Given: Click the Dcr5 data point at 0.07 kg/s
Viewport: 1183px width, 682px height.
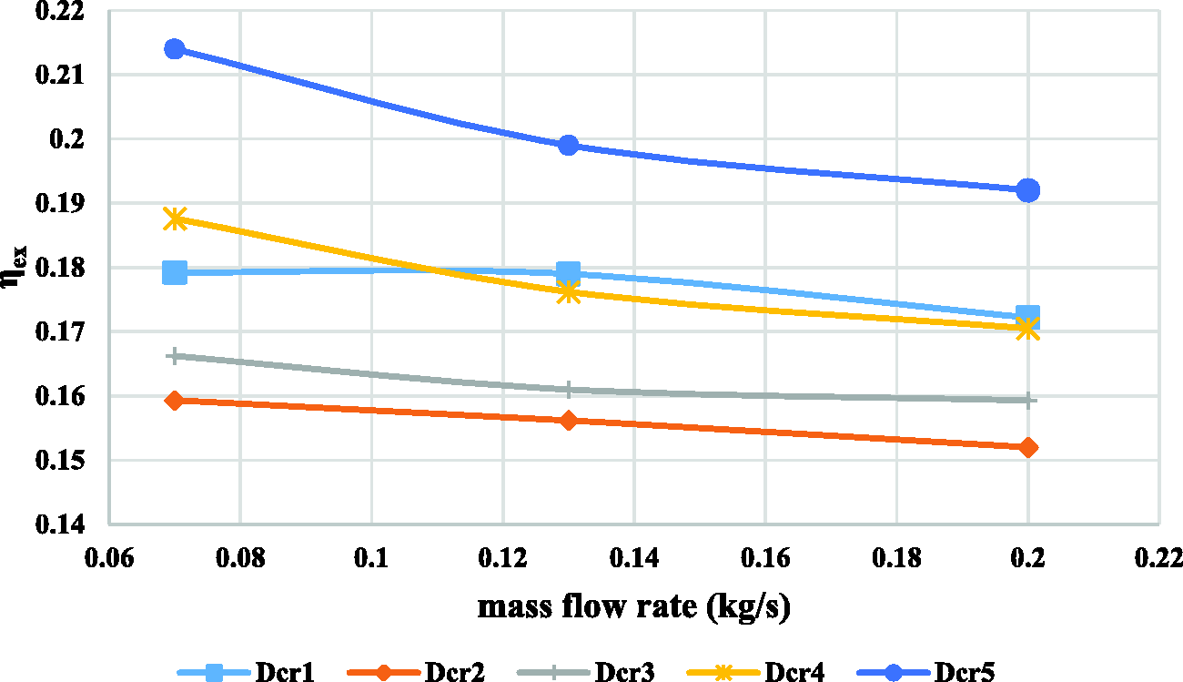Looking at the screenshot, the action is click(x=175, y=49).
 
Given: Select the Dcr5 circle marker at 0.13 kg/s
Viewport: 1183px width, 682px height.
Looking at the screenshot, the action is click(x=568, y=145).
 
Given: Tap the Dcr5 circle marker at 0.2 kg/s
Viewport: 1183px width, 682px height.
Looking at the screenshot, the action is click(x=1027, y=190).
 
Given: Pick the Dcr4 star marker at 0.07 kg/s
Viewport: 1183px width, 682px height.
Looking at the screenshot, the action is click(x=175, y=219).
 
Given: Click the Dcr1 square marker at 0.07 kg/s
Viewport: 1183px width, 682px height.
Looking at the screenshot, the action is click(x=175, y=272).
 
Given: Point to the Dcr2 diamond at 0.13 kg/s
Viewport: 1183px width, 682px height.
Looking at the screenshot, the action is click(x=568, y=421).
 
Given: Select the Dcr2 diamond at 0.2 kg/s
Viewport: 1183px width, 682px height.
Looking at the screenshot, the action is click(x=1027, y=447).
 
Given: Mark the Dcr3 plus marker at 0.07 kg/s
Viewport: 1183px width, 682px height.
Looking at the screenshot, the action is click(x=175, y=357).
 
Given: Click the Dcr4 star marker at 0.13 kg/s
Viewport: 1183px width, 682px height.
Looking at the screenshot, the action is click(x=568, y=292).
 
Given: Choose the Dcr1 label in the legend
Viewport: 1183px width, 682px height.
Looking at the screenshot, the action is click(x=285, y=672).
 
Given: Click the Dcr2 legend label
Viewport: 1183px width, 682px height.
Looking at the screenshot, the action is click(x=455, y=672).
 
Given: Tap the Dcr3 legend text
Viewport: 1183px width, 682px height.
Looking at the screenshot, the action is click(x=625, y=672).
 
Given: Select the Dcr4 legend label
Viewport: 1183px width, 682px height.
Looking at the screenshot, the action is click(x=794, y=672).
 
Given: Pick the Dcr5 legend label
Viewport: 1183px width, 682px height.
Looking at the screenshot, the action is click(x=965, y=672).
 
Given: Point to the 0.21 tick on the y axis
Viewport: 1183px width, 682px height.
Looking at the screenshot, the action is click(x=60, y=75).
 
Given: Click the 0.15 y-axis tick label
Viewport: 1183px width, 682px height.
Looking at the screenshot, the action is click(x=60, y=461).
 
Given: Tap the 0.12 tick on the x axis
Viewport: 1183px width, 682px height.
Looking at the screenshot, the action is click(x=502, y=558).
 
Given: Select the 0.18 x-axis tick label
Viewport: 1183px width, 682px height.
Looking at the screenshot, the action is click(x=896, y=558).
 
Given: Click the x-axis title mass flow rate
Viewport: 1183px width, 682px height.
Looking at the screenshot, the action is click(x=633, y=606).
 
